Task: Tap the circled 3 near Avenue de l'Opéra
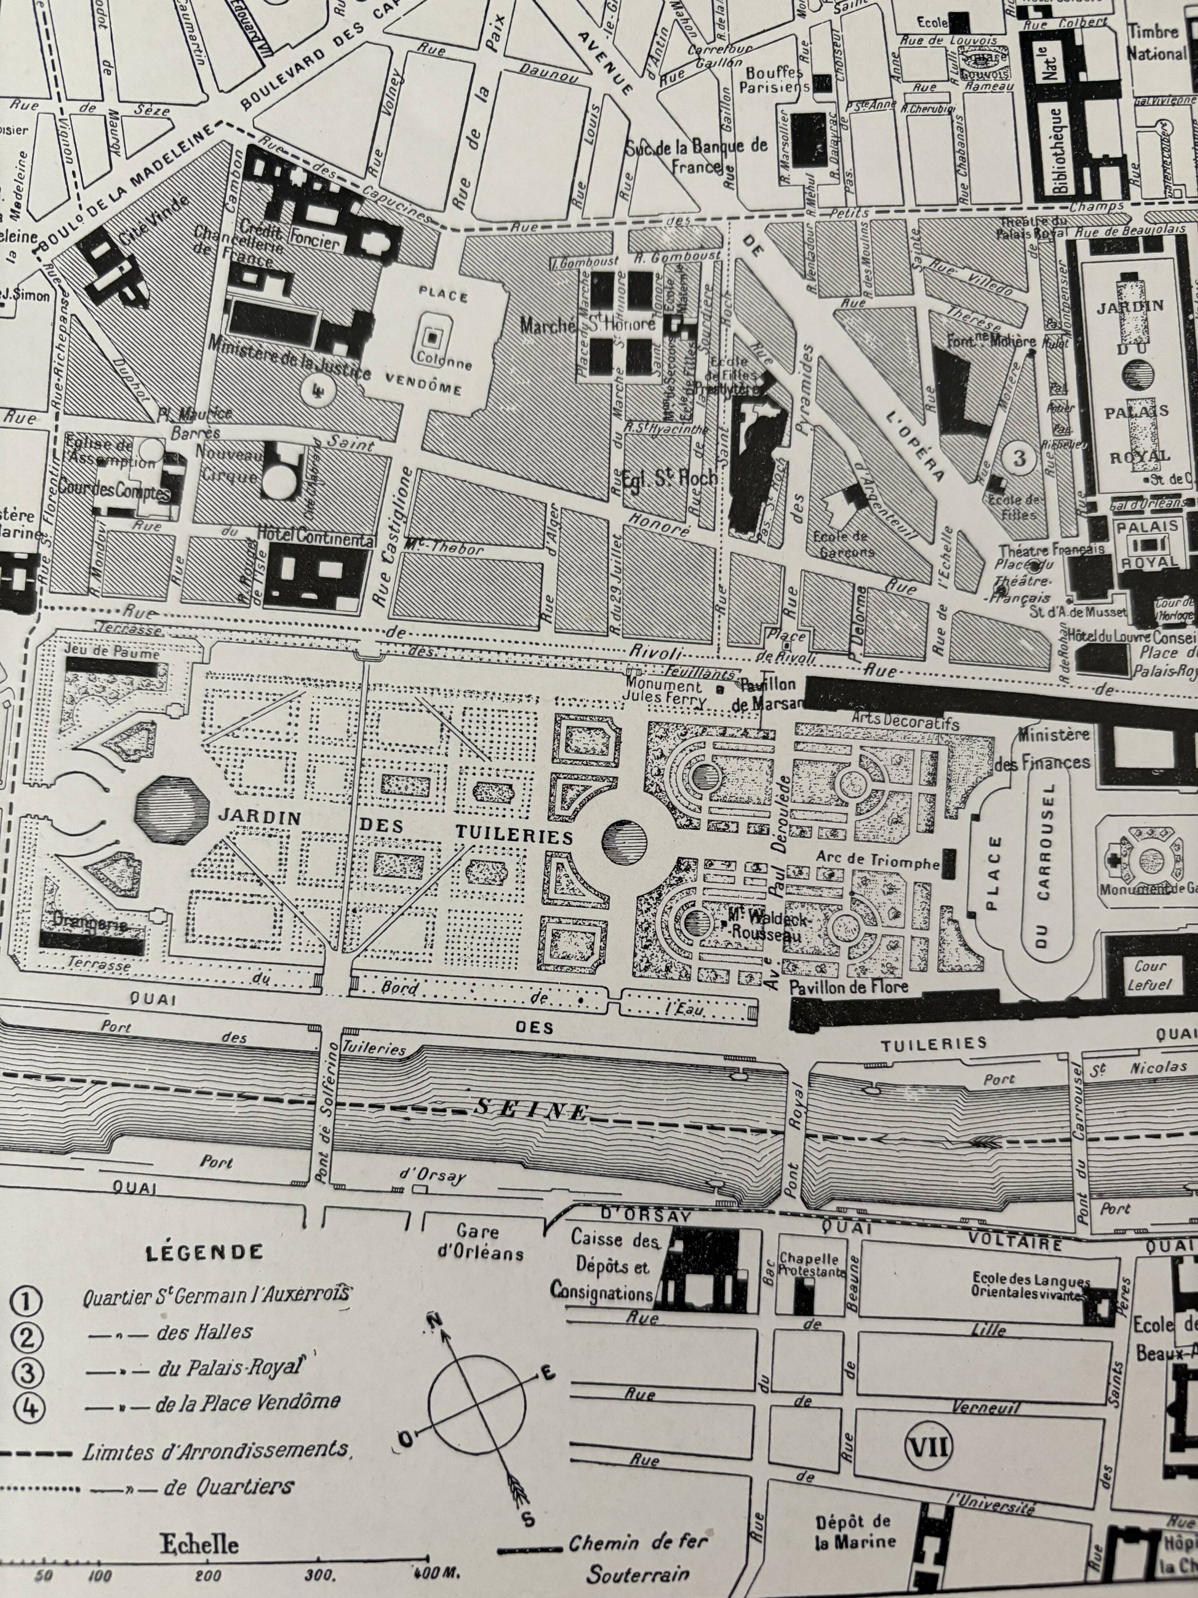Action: coord(1019,457)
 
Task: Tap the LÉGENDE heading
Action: coord(204,1252)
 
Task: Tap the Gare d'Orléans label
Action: coord(479,1242)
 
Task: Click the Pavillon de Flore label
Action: coord(849,987)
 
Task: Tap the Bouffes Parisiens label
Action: coord(775,80)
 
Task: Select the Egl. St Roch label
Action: coord(670,477)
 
